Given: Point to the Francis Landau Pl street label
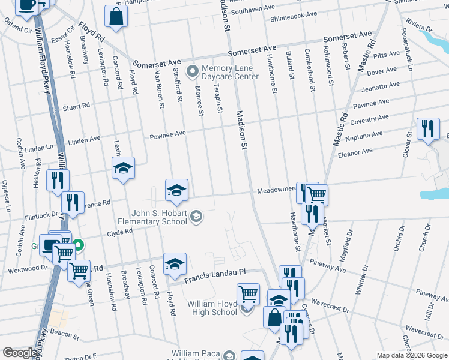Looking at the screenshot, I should coord(215,275).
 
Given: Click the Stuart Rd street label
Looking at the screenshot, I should coord(76,107).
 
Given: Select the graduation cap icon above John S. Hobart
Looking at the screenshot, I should coord(176,190).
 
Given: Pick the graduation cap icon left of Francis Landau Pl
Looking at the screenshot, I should coord(175,264).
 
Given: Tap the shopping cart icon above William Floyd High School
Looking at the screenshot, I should coord(248,294).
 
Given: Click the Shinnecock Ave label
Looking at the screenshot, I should coord(294,15).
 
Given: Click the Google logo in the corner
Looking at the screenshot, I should coord(20,353).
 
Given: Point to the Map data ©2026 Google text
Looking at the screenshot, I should coord(411,355).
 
